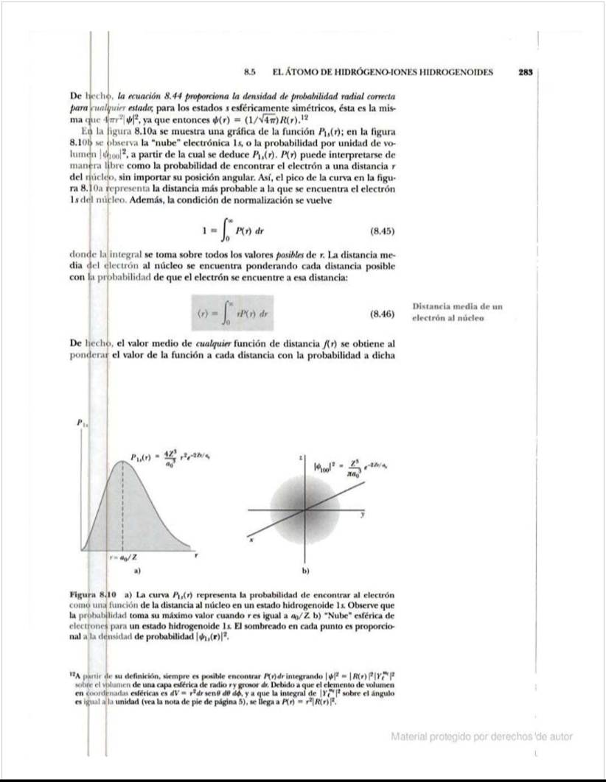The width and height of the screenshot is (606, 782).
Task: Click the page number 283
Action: point(525,73)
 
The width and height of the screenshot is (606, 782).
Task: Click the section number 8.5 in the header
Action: point(249,73)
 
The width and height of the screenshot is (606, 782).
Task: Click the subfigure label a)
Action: point(137,570)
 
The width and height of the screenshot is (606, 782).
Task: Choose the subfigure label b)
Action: point(305,571)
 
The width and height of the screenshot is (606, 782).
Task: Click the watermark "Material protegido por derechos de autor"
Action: point(481,736)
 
